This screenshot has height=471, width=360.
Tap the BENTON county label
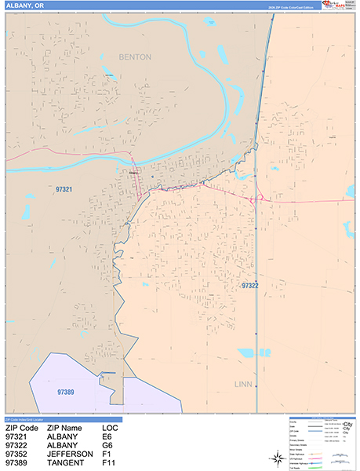coord(136,57)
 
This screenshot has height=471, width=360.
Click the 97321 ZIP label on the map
coord(65,189)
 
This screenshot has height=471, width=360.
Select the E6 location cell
coord(107,436)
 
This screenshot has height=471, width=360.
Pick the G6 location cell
coord(107,446)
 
